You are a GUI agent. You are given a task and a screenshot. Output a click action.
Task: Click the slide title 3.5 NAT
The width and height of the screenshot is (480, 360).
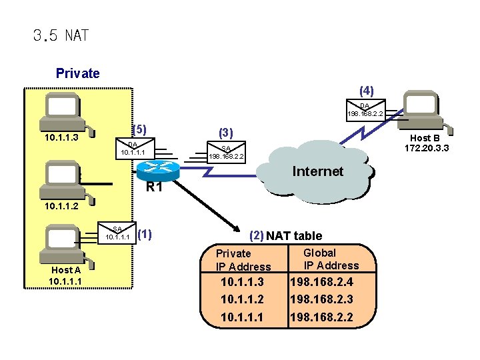click(x=61, y=35)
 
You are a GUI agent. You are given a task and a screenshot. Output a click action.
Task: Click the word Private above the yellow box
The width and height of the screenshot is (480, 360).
click(x=77, y=73)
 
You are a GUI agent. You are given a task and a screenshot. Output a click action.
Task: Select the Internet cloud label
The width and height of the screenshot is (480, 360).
click(x=317, y=171)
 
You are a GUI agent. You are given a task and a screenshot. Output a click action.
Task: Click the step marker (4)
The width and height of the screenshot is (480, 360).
click(x=366, y=89)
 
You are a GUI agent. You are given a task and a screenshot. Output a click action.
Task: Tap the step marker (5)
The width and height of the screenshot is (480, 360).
click(x=139, y=129)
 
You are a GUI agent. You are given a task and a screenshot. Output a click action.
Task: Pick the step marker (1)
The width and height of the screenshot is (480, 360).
click(x=144, y=234)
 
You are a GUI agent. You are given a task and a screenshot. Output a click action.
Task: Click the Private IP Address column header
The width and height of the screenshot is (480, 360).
click(x=243, y=260)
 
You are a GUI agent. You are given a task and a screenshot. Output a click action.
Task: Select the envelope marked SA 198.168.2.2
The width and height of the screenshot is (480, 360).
click(x=226, y=153)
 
